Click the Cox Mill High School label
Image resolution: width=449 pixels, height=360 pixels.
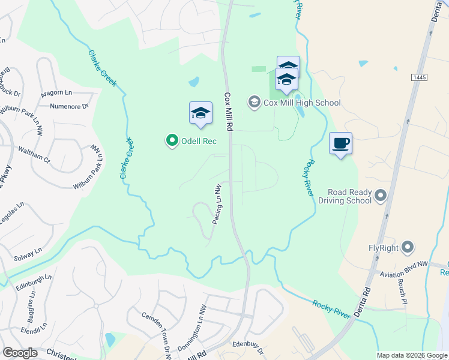pyautogui.click(x=302, y=103)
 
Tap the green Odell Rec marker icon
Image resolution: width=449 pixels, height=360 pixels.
pyautogui.click(x=172, y=141)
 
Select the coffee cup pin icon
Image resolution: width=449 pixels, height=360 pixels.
pyautogui.click(x=340, y=143)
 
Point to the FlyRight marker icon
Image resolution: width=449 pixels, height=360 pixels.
pyautogui.click(x=408, y=247)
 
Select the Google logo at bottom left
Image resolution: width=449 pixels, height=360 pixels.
pyautogui.click(x=20, y=353)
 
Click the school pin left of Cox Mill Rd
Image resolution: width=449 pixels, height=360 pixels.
pyautogui.click(x=200, y=113)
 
